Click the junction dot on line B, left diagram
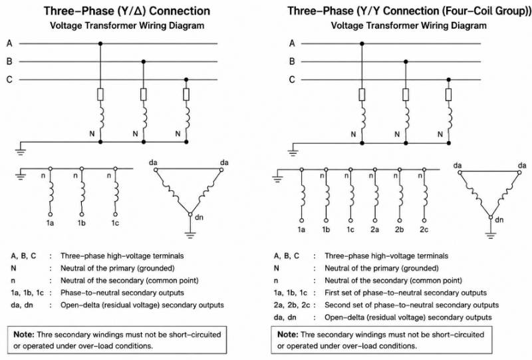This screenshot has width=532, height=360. tap(144, 61)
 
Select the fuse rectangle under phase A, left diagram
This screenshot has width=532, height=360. tap(100, 94)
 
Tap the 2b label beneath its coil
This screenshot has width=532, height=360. tap(400, 230)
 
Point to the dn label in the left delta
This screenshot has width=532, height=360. tap(199, 217)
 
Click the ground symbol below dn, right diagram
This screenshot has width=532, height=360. tap(490, 236)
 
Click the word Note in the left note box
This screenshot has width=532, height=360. tap(24, 335)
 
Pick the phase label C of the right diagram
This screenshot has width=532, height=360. tap(292, 79)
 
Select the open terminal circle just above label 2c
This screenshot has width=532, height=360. tap(424, 220)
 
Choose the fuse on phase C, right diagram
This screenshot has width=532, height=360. tap(448, 94)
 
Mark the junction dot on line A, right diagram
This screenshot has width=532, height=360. tap(362, 43)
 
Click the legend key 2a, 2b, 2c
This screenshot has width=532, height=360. tap(292, 305)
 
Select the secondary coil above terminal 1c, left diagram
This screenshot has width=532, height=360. tap(116, 192)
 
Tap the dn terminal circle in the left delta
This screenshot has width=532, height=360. tap(190, 214)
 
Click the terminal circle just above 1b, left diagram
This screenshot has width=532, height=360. tap(81, 214)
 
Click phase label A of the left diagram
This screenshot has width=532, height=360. tap(9, 43)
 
